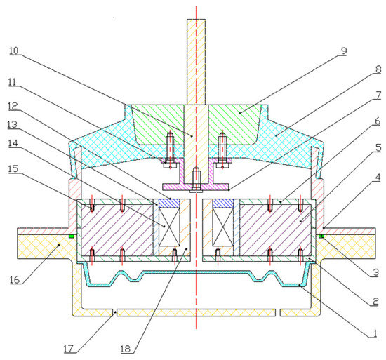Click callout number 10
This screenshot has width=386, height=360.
tap(14, 51)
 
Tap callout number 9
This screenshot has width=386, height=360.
tap(344, 51)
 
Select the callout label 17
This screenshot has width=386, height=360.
tap(69, 349)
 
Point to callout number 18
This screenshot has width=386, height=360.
tap(126, 349)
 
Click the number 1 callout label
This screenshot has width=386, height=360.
tap(375, 333)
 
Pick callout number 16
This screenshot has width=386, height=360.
tap(15, 280)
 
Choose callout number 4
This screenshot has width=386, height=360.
tap(378, 178)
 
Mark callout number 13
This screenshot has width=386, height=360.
tap(12, 125)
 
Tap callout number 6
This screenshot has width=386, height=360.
tap(378, 121)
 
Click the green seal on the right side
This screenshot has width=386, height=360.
tap(321, 236)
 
